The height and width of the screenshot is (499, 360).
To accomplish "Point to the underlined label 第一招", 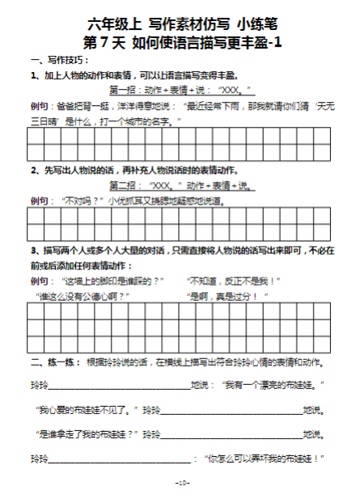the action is pos(122,90).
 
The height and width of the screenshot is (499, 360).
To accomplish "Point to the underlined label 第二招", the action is pos(122,185).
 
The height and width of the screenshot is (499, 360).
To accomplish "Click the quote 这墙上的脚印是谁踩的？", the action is pos(110,281).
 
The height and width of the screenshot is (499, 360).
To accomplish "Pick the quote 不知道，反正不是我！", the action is pos(235,281).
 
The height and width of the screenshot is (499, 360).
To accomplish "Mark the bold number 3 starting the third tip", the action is pos(32,250).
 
